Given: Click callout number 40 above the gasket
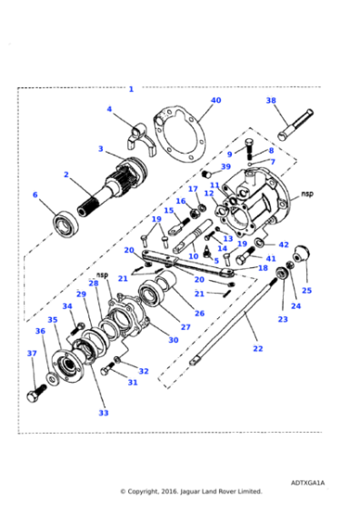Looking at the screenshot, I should point(215,100).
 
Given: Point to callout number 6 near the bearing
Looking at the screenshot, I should point(35,195).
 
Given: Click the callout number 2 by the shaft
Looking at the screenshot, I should point(66,174).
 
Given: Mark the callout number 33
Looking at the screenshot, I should point(103,413).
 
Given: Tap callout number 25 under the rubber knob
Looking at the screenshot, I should point(306,291).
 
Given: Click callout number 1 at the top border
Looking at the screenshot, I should point(131,89).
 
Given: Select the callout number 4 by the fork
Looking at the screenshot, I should point(109,109).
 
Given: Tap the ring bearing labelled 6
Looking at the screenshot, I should point(65,222).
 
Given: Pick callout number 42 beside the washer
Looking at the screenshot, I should point(283,245).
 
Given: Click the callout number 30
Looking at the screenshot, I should point(173,340).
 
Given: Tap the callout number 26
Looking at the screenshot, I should point(199,314).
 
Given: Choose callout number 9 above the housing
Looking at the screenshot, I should point(230,155).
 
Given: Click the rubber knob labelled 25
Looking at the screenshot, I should point(305,257).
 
